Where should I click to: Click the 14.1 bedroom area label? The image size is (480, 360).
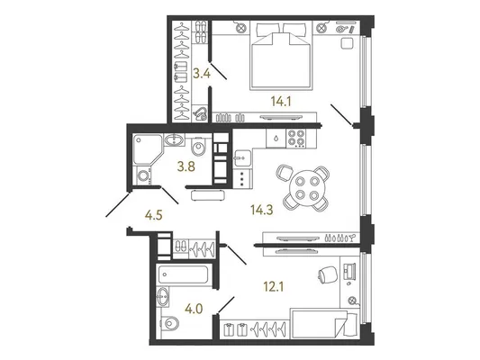[281, 101]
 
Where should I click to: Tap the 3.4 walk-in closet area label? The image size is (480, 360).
[202, 74]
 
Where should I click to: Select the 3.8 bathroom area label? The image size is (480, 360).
[186, 166]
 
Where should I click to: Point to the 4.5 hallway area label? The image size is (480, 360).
[153, 215]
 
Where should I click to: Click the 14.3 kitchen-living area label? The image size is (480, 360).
[262, 210]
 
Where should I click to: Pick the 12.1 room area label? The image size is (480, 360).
[274, 286]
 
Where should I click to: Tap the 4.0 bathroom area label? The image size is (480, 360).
[194, 309]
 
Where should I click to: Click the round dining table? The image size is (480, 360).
[306, 188]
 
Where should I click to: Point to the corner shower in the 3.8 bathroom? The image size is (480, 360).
[148, 150]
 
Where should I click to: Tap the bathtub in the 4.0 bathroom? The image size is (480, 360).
[184, 274]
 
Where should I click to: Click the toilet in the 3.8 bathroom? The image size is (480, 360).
[198, 147]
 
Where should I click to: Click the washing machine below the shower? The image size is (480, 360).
[143, 176]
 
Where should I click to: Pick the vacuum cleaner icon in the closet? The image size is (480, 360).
[200, 114]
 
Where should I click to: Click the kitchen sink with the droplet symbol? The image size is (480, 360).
[276, 139]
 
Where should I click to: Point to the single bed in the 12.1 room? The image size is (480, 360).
[324, 324]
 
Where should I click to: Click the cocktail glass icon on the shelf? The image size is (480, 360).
[353, 238]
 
